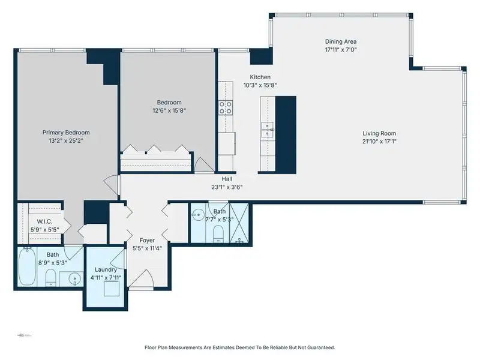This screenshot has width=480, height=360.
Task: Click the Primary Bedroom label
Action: pos(66,133)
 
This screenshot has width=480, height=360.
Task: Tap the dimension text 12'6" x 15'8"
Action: pos(169,110)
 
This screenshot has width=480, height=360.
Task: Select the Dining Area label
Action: pos(341,41)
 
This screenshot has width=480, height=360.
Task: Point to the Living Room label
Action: pos(379,133)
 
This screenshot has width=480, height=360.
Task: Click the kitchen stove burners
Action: pos(226,108)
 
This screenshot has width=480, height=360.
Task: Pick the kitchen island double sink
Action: pos(267,130)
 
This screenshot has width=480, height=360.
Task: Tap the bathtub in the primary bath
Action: pos(27,266)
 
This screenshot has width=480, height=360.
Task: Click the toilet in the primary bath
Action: pos(51,277)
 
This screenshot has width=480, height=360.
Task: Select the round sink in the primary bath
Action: pos(74,278)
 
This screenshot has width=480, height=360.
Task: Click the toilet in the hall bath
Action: pos(218,234)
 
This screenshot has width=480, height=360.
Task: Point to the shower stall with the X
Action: pos(239,223)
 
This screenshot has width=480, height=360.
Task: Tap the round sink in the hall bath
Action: pos(199,215)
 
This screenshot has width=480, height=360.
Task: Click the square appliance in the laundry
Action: pos(112,289)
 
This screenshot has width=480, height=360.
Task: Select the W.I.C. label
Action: pos(44,221)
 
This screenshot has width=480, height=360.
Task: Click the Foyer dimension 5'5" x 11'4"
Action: pos(147,248)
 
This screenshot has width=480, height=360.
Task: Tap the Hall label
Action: pos(227,179)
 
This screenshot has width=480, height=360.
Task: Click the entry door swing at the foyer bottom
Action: pos(141,278)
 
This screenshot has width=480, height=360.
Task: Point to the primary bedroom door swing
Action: pos(111,185)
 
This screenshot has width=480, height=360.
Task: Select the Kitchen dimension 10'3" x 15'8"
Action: pos(260,85)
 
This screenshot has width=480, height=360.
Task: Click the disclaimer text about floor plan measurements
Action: pos(239,347)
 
